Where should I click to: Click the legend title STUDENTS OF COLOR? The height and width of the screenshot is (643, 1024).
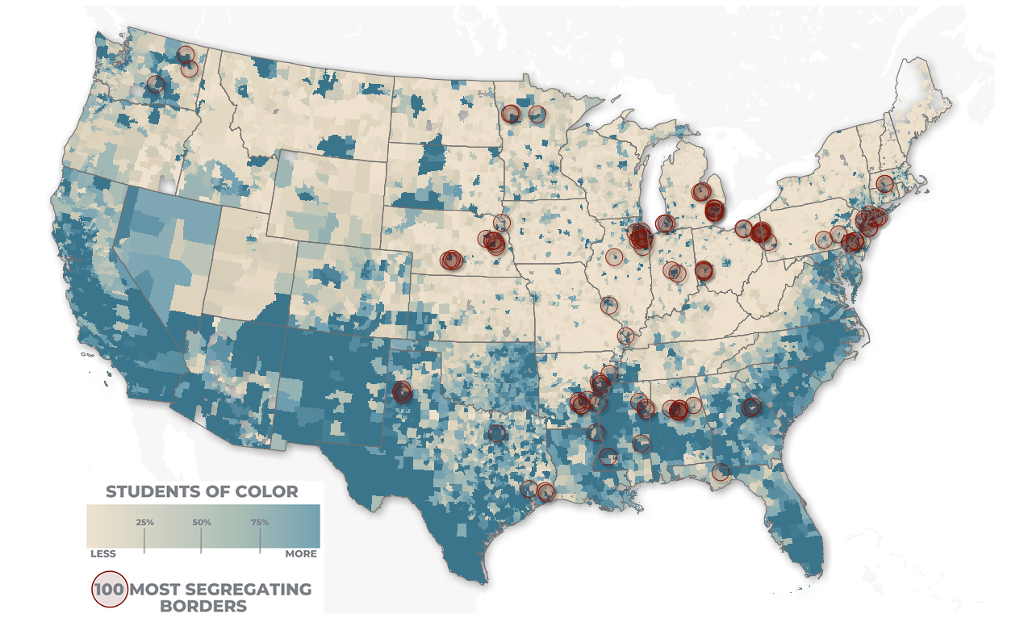(x=202, y=491)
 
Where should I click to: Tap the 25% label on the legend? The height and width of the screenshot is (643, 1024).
(x=144, y=523)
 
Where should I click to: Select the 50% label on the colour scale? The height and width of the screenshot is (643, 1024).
(x=202, y=523)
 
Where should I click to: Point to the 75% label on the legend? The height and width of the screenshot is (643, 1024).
(x=260, y=523)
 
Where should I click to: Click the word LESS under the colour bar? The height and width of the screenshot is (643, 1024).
(x=102, y=554)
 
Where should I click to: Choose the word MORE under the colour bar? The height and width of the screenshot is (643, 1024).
(x=301, y=554)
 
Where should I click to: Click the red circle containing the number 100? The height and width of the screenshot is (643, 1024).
(x=109, y=590)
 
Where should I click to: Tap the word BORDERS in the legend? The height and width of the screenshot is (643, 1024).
(x=203, y=606)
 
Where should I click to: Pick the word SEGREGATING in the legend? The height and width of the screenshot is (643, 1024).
(x=246, y=589)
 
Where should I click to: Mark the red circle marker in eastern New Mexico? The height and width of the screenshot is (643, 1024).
(x=402, y=392)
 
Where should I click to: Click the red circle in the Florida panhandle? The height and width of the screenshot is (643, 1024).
(x=721, y=472)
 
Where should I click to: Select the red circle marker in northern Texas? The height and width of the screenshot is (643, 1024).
(x=496, y=433)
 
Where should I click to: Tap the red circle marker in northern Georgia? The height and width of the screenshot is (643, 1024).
(x=751, y=407)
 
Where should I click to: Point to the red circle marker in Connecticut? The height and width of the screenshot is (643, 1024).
(x=884, y=183)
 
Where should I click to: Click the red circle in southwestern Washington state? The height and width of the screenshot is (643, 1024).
(x=155, y=83)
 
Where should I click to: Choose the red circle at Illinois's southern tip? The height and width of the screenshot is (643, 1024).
(x=625, y=335)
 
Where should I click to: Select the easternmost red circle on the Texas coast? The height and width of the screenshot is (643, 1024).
(x=545, y=491)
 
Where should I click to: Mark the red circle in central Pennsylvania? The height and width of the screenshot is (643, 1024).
(x=822, y=239)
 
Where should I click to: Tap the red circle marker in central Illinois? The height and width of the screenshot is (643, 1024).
(x=614, y=257)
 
